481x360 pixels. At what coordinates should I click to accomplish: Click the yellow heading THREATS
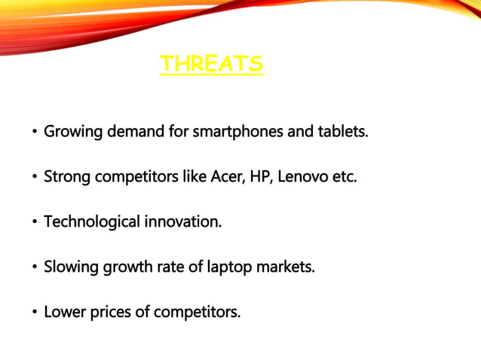coord(211,64)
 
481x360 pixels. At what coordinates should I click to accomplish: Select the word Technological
coord(92,222)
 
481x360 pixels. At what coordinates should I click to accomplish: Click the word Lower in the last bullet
coord(65,312)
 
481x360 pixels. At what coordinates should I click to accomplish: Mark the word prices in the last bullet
coord(110,312)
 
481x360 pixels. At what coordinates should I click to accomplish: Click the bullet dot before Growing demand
coord(34,133)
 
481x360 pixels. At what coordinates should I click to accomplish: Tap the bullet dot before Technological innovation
coord(34,223)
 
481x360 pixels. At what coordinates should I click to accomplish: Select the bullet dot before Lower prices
coord(34,313)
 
